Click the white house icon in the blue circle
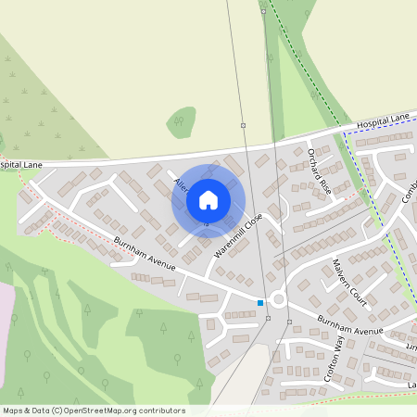point(208,199)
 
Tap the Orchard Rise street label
point(319,170)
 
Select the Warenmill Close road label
point(238,234)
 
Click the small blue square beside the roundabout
point(260,302)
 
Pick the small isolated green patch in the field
point(182,120)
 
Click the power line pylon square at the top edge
point(263,11)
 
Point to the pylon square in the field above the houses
point(243,124)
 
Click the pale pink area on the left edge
point(6,315)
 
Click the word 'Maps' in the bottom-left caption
point(14,410)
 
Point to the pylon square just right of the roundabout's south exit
point(289,322)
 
